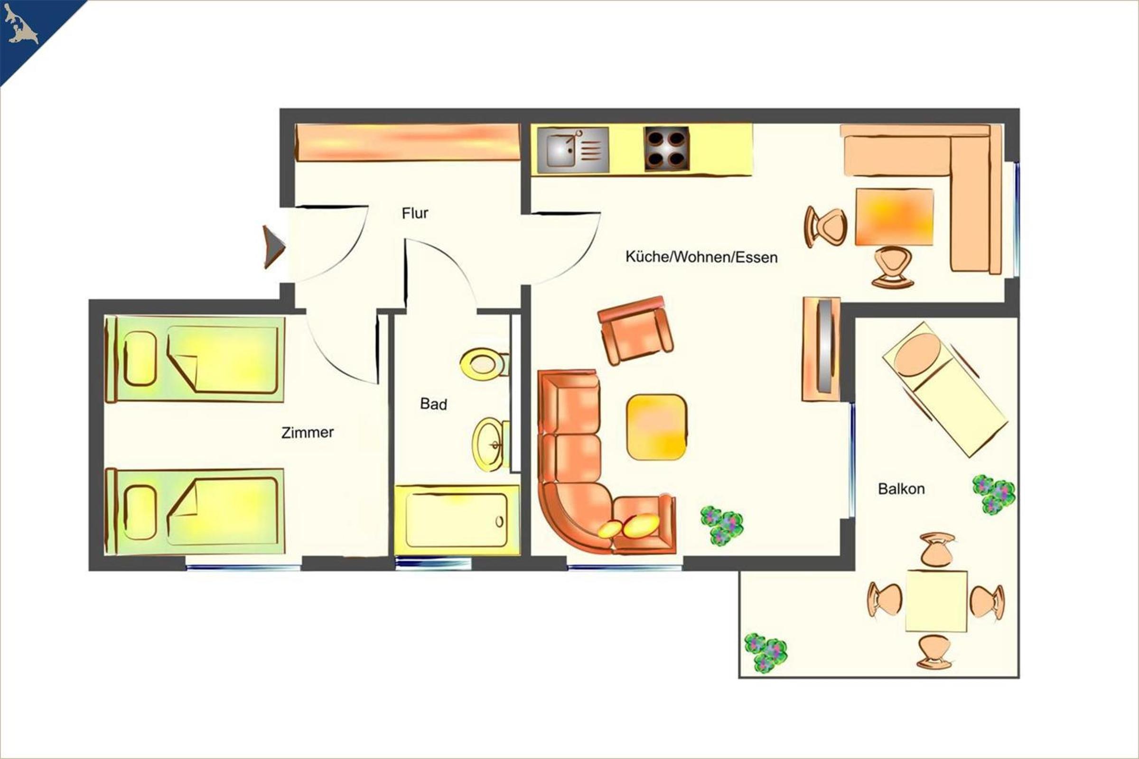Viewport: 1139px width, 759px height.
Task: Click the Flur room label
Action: (x=415, y=213)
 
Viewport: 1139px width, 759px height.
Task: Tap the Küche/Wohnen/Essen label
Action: (x=701, y=257)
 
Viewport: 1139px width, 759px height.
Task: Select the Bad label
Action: (x=433, y=404)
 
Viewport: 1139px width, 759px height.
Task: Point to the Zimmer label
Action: (x=308, y=432)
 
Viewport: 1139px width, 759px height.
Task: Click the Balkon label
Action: (x=901, y=489)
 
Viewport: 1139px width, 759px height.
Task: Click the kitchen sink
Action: (x=573, y=149)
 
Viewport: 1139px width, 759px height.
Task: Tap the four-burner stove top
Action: (x=667, y=148)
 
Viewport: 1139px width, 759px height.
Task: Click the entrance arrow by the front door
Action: (x=274, y=247)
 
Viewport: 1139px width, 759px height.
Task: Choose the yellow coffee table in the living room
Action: (x=656, y=427)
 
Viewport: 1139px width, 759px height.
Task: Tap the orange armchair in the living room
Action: (x=635, y=330)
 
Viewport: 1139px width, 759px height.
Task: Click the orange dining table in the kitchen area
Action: (x=894, y=217)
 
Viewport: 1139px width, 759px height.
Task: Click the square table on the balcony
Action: (x=936, y=601)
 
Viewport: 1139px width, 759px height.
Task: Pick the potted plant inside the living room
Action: (x=722, y=526)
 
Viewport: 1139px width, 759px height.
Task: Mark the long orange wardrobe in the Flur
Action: (x=408, y=142)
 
